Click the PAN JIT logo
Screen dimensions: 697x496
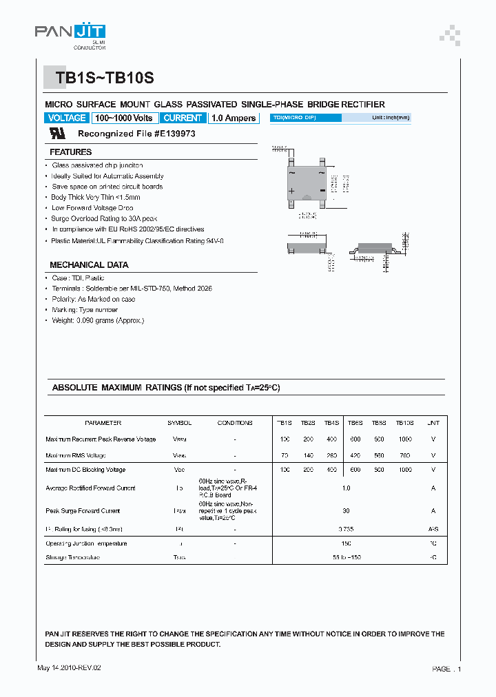[70, 32]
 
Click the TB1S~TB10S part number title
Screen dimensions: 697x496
[105, 79]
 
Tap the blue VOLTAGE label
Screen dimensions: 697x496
[67, 118]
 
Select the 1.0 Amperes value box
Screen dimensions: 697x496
[234, 118]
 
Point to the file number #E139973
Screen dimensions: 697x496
[166, 134]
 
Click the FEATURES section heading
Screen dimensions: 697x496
[70, 152]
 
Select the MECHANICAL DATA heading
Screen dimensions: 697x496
[89, 264]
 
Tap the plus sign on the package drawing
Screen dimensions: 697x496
[291, 191]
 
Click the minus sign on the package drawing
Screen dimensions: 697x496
[322, 191]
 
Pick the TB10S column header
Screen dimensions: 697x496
[404, 423]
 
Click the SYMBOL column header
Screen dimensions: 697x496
[179, 423]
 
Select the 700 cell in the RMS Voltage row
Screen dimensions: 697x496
[404, 455]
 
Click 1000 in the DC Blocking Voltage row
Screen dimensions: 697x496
[404, 470]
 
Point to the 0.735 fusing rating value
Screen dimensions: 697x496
[346, 529]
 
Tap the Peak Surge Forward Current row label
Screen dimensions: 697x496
[83, 511]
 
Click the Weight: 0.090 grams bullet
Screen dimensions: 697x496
[98, 320]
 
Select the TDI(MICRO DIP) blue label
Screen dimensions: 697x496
[305, 118]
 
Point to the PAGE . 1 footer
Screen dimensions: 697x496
[446, 669]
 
